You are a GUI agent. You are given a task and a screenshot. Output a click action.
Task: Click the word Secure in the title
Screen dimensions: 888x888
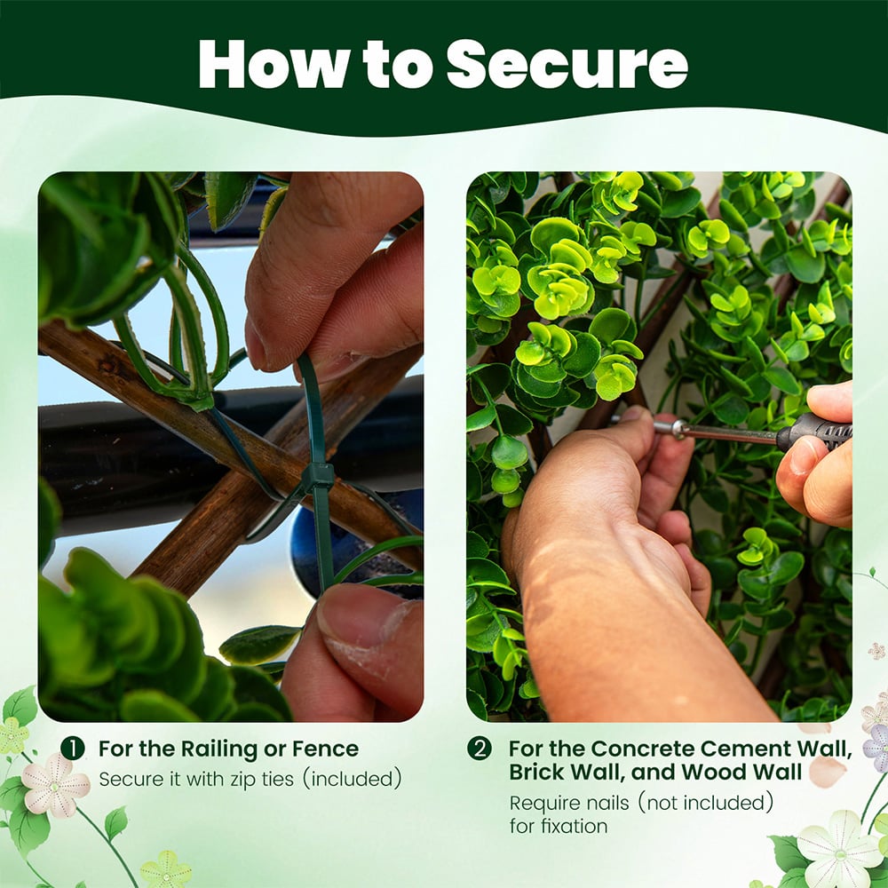567,64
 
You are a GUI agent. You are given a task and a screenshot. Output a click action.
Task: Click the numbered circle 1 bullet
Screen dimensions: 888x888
73,749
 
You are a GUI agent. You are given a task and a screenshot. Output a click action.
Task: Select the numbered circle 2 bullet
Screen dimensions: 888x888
480,749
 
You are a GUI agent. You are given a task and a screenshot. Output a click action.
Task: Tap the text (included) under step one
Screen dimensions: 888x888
353,780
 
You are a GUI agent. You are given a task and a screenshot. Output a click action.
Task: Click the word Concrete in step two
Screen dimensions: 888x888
642,749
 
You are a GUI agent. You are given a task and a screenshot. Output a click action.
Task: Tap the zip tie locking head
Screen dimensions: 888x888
318,476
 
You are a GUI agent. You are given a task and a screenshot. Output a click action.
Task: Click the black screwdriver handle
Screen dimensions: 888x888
814,432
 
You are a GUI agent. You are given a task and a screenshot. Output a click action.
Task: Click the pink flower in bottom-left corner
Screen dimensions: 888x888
55,785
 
